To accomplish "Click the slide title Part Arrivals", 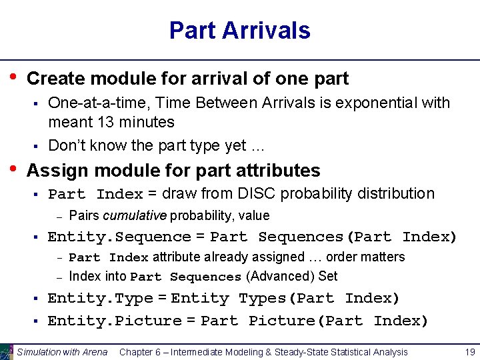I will (x=239, y=31).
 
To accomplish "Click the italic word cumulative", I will (x=135, y=215).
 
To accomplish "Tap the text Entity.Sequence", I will (x=119, y=237).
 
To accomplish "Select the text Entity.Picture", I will (x=114, y=321).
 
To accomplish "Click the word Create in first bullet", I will (x=56, y=79).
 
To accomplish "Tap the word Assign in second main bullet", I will (x=56, y=171).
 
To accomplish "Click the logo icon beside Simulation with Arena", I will (x=7, y=351).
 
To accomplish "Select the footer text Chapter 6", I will (x=142, y=352).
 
